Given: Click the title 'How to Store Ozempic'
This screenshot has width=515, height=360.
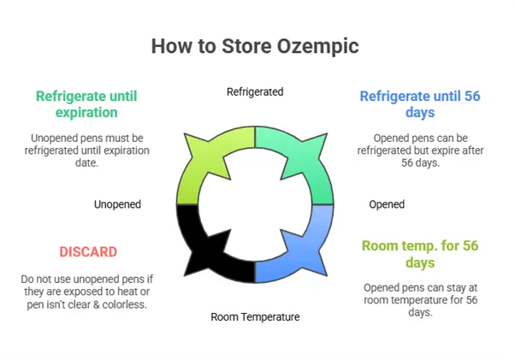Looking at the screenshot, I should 256,45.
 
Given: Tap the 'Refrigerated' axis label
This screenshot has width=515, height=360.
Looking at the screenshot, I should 255,91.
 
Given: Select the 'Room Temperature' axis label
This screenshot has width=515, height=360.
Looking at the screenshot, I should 255,316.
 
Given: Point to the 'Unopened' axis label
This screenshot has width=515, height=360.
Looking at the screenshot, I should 117,204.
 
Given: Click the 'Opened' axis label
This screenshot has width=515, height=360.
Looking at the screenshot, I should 387,204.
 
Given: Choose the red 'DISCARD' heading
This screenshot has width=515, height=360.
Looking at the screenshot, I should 88,252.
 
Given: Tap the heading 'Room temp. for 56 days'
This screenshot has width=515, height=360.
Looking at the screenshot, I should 419,254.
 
